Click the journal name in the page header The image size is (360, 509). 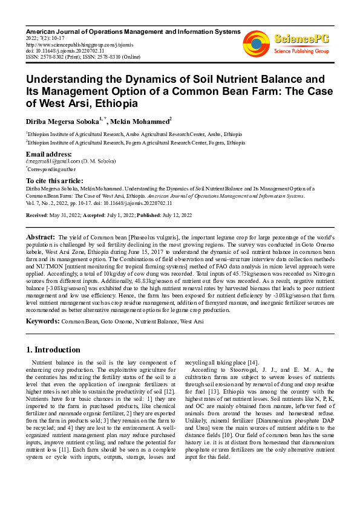click(133, 31)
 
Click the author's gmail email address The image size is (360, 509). click(53, 162)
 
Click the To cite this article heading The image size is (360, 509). click(59, 181)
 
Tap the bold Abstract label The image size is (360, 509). click(41, 236)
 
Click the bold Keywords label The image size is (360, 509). click(42, 321)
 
